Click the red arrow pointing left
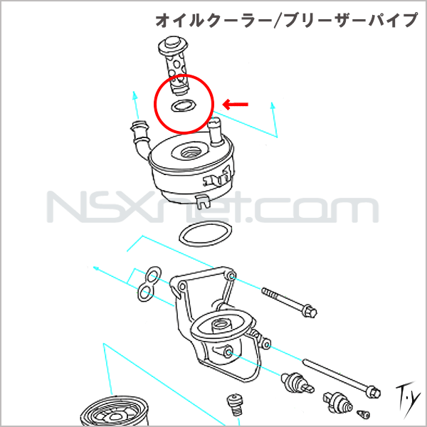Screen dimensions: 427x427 (236, 105)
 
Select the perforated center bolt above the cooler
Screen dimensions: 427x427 (173, 65)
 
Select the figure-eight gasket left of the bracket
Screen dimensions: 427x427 (147, 283)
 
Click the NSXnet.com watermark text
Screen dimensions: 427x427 (213, 207)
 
